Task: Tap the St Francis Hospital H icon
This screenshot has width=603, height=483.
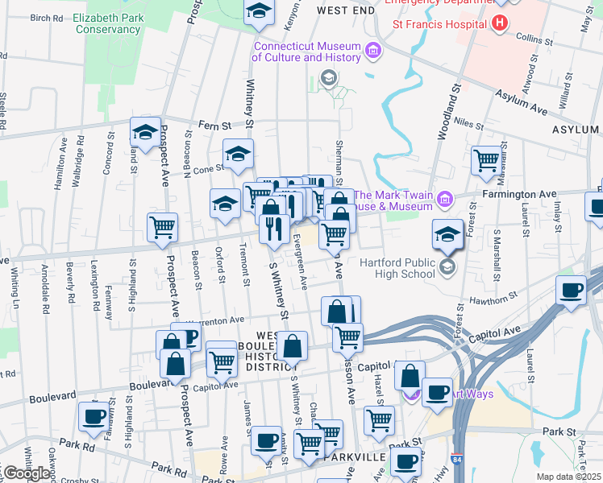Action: (x=500, y=23)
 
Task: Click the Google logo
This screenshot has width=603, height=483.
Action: (x=27, y=473)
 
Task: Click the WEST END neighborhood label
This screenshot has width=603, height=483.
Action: (x=346, y=10)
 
